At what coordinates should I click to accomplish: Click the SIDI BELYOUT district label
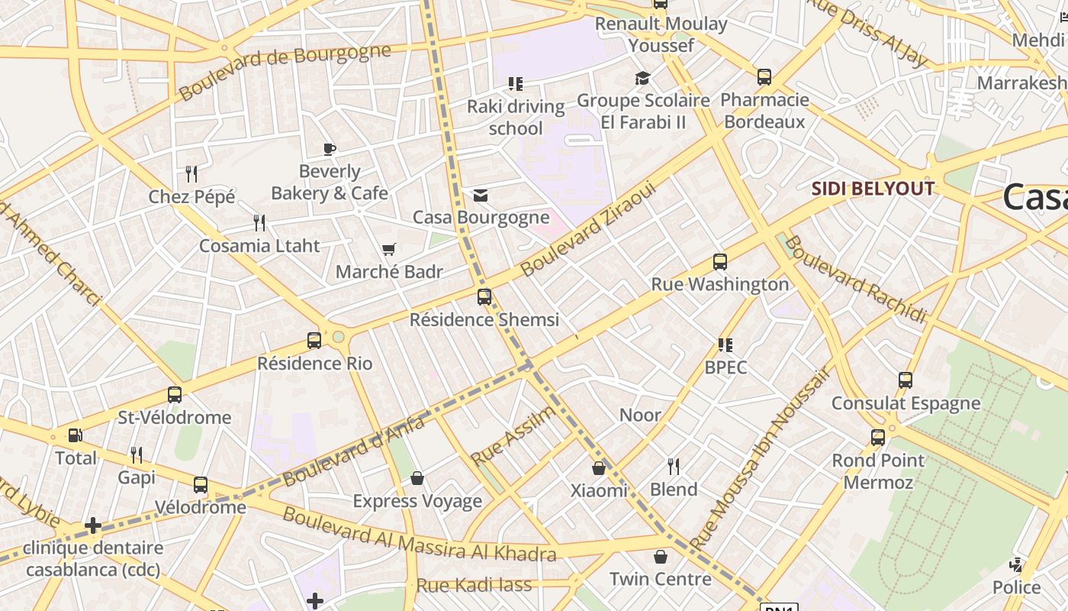(872, 189)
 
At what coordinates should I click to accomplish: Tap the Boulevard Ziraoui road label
(587, 228)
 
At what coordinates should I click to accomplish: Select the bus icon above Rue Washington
(719, 262)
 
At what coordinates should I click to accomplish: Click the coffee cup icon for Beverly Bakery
(330, 149)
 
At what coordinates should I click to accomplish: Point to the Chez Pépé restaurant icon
(191, 174)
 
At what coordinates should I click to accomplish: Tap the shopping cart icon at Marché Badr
(389, 249)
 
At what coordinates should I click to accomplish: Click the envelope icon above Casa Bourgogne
(481, 196)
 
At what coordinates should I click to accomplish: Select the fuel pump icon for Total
(76, 435)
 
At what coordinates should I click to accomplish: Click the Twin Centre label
(661, 579)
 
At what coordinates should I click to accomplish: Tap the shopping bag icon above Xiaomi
(599, 467)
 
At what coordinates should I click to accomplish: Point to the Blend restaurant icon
(674, 466)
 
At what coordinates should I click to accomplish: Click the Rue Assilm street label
(513, 437)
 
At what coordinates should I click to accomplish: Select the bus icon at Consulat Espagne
(906, 380)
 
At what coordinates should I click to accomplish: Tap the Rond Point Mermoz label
(878, 471)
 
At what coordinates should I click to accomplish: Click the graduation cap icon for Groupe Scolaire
(642, 78)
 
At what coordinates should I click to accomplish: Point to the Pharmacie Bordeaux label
(764, 111)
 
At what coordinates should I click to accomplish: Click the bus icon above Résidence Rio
(314, 341)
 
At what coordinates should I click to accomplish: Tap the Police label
(1016, 587)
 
